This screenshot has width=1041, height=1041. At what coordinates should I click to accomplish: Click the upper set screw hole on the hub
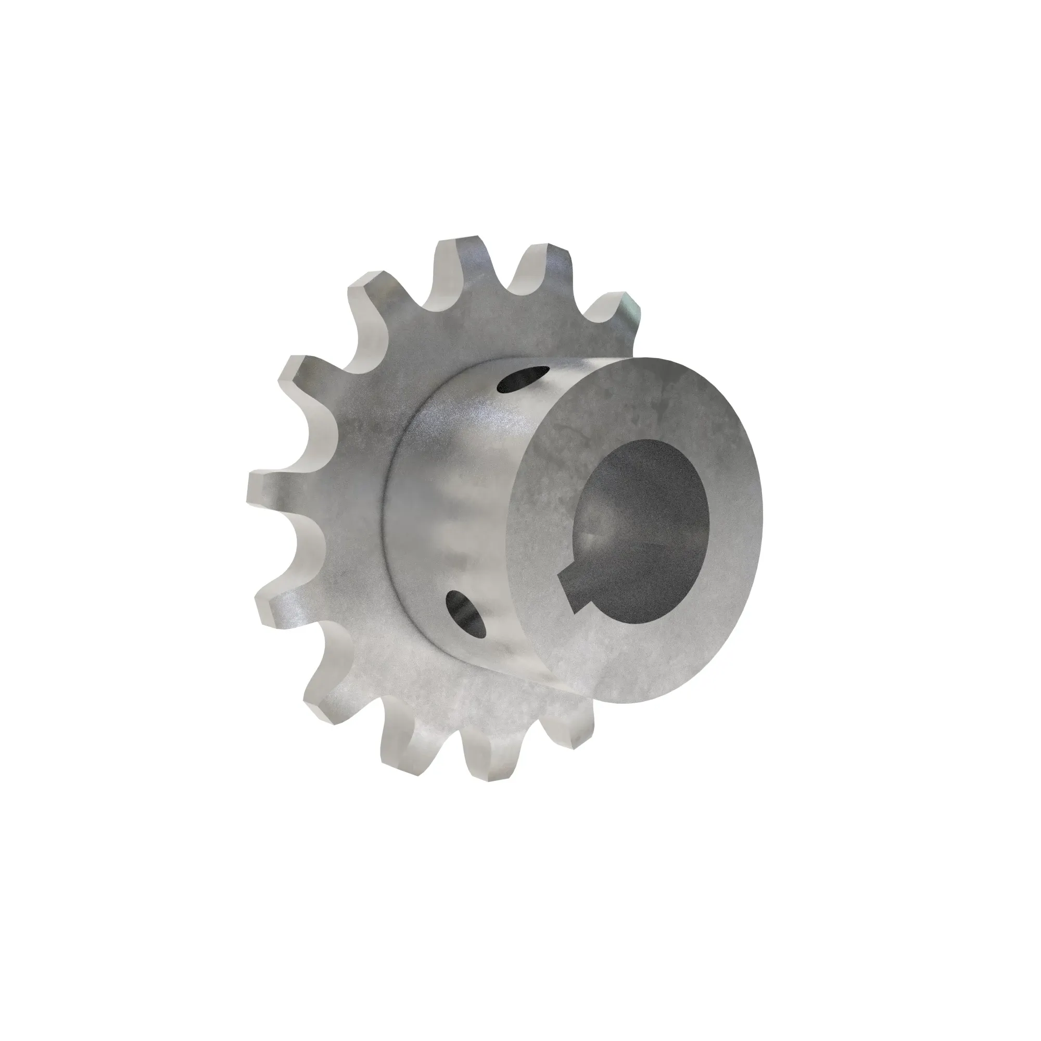[523, 378]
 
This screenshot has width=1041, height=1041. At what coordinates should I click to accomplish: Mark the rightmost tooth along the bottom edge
[571, 728]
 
